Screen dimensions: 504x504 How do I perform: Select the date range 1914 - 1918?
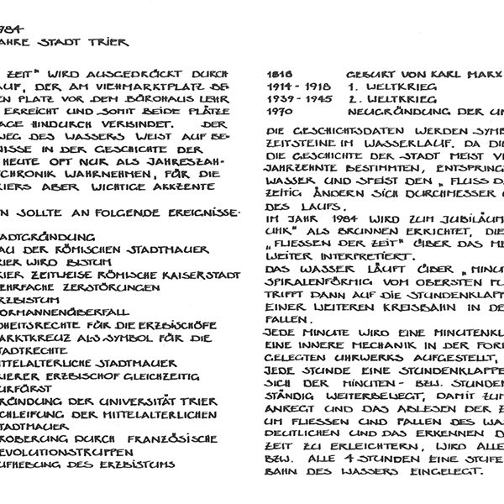tap(295, 87)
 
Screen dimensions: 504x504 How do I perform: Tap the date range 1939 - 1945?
tap(295, 98)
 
